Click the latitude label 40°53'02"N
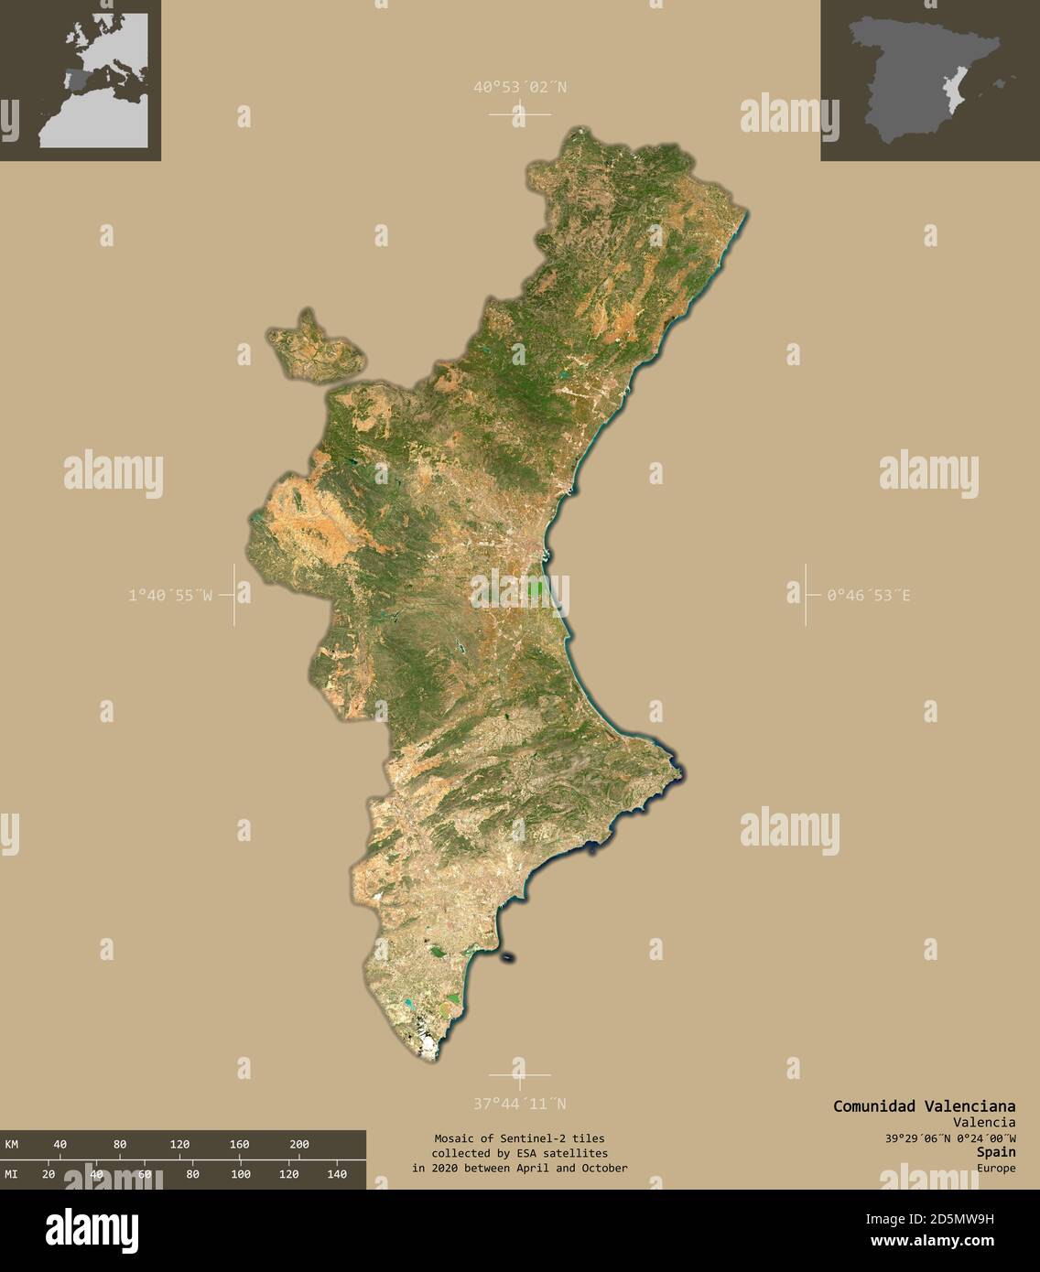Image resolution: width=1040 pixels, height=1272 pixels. tap(519, 88)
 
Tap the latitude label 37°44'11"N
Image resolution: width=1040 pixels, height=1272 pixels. tap(519, 1103)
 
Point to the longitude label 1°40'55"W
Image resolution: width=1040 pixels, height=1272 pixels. tap(170, 595)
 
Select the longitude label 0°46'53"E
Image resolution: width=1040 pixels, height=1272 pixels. tap(868, 595)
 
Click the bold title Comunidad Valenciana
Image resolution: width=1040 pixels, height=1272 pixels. tap(923, 1105)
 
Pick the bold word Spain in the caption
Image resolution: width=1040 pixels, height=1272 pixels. tap(996, 1152)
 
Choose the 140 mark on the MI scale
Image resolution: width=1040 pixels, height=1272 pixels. tap(336, 1174)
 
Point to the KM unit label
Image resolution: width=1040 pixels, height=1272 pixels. tap(12, 1144)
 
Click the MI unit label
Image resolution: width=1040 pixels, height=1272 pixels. tap(12, 1174)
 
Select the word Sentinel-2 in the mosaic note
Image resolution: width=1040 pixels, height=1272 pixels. tap(517, 1137)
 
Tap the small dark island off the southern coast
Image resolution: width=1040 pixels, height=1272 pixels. tap(507, 958)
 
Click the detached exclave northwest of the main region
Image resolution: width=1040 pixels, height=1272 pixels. tap(314, 350)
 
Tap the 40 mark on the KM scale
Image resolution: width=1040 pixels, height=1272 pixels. tap(60, 1144)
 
